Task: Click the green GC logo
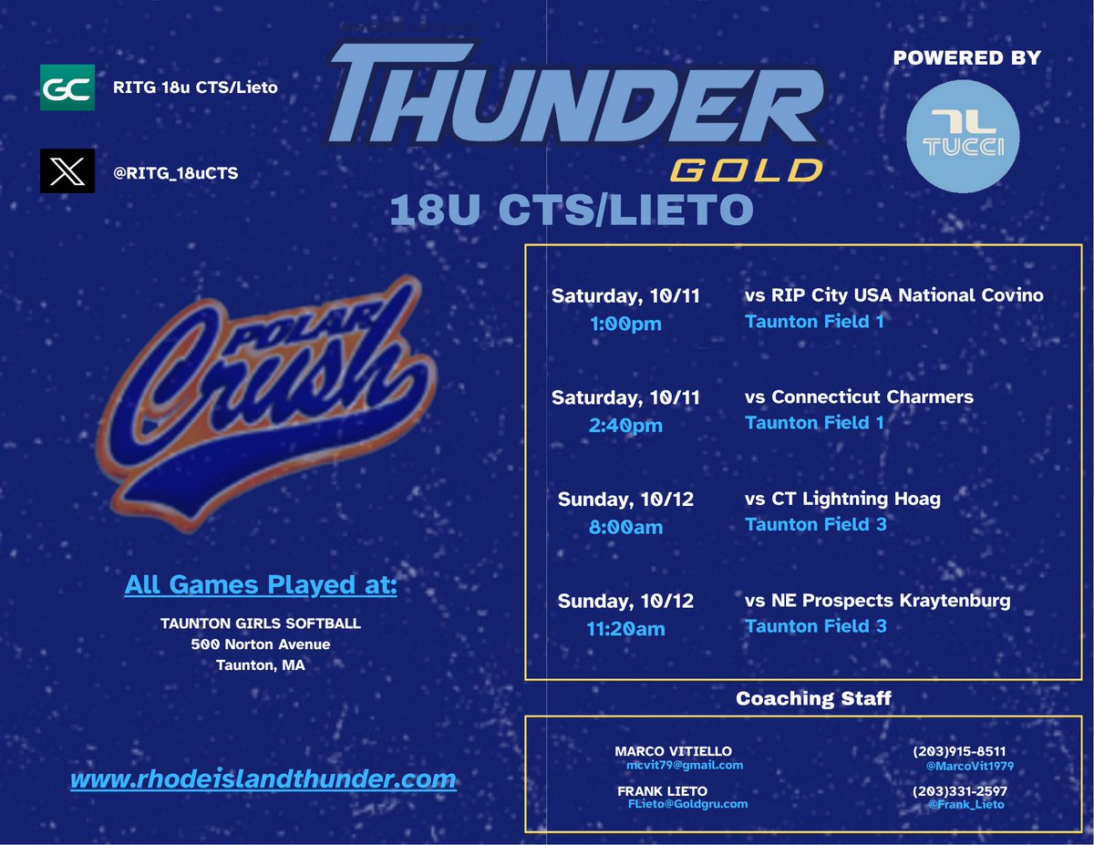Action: pyautogui.click(x=67, y=88)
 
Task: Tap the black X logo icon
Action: pyautogui.click(x=67, y=171)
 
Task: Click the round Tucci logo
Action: pyautogui.click(x=963, y=135)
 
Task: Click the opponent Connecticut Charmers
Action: pyautogui.click(x=859, y=397)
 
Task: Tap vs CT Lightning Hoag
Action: pyautogui.click(x=842, y=499)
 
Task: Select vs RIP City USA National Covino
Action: pyautogui.click(x=893, y=295)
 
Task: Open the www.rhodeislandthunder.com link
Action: pyautogui.click(x=263, y=779)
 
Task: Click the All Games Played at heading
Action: pyautogui.click(x=261, y=584)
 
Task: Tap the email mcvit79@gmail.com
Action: pyautogui.click(x=685, y=766)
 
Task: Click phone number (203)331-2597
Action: pyautogui.click(x=959, y=790)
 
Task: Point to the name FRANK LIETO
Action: pyautogui.click(x=662, y=790)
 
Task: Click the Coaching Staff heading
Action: pyautogui.click(x=813, y=699)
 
